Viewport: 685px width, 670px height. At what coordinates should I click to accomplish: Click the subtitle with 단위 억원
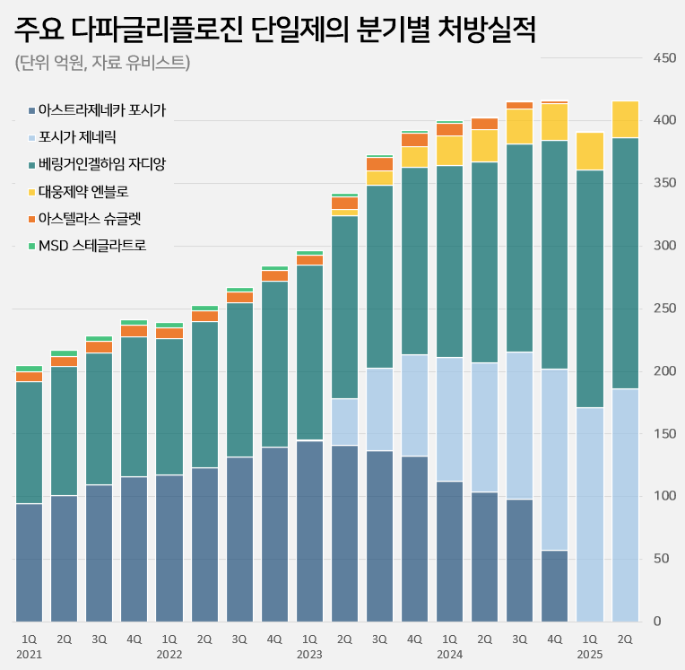(x=102, y=62)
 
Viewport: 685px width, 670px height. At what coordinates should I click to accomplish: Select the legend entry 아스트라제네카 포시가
(x=102, y=110)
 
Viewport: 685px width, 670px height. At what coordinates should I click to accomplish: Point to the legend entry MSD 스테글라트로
(x=92, y=244)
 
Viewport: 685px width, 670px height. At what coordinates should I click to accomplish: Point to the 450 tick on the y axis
(x=664, y=58)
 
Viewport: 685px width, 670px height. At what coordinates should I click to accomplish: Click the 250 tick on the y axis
(x=664, y=309)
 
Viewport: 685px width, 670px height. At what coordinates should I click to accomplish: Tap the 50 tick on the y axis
(x=664, y=559)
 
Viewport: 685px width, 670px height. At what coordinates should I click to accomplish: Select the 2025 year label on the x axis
(x=589, y=655)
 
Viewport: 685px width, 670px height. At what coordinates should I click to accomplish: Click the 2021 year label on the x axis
(x=29, y=655)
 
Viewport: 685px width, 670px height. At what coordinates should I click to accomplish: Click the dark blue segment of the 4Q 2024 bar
(x=554, y=586)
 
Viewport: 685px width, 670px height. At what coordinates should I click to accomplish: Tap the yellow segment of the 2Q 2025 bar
(x=625, y=119)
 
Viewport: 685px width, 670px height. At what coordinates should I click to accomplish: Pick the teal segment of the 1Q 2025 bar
(x=589, y=289)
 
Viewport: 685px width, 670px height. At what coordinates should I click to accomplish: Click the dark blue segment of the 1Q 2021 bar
(x=29, y=562)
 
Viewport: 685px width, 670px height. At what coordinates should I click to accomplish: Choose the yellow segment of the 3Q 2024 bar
(x=519, y=126)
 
